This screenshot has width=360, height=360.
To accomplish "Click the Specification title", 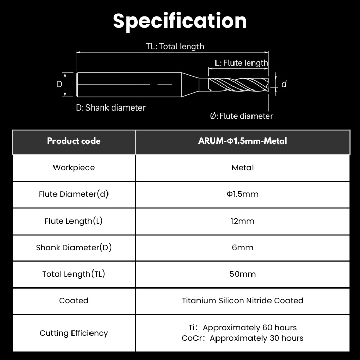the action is (180, 21).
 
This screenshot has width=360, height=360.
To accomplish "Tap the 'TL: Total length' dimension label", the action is (175, 46).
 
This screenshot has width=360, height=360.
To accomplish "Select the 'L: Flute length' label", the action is (242, 63).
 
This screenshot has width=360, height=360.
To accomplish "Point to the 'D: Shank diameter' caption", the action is (111, 107).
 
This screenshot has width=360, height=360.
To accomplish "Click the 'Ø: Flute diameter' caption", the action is (241, 116).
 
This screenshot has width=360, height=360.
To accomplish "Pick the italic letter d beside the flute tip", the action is (284, 84).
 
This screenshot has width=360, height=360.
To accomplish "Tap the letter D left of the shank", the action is (59, 84).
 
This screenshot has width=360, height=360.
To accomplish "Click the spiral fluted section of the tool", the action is (239, 84).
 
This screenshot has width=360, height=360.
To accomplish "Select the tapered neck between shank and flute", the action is (190, 84).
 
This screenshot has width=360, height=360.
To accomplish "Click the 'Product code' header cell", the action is (74, 141).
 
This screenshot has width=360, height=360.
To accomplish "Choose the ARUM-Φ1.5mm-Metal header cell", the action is (242, 141).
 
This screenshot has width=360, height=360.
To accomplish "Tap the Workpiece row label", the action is (74, 167).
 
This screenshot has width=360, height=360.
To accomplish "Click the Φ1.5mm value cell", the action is (242, 194).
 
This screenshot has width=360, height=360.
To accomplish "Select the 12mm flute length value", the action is (242, 221).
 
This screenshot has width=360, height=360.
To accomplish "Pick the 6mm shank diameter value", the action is (242, 247).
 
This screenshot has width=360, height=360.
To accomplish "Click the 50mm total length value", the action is (242, 274).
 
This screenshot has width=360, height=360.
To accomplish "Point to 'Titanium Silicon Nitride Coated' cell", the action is (242, 301).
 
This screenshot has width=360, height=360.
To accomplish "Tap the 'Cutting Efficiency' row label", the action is (74, 333).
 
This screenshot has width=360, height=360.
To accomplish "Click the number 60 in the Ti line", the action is (267, 327).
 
